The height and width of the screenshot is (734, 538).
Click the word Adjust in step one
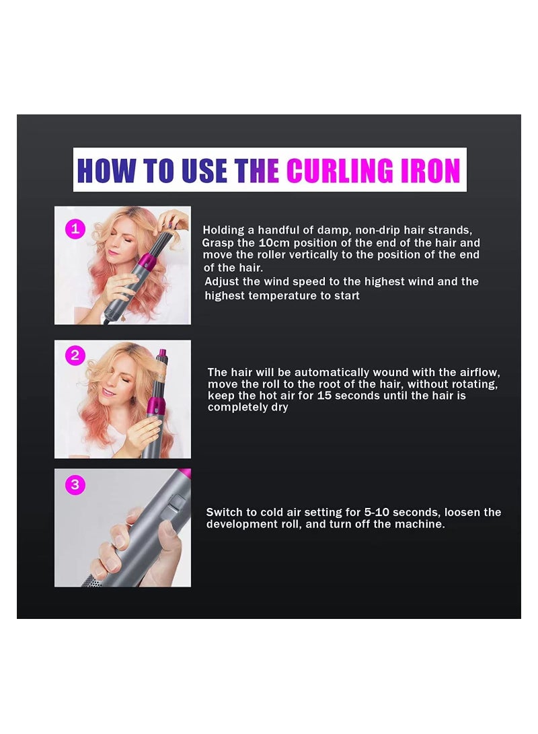(x=223, y=282)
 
